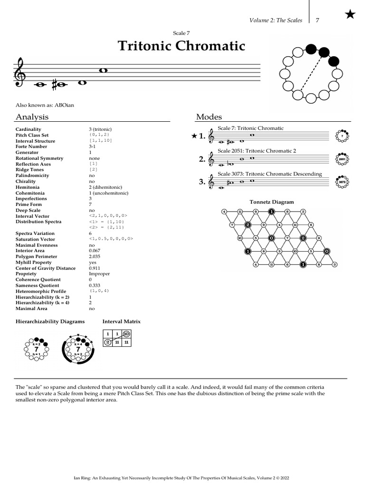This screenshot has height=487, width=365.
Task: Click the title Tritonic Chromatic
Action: tap(181, 46)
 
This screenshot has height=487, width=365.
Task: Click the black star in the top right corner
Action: tap(350, 15)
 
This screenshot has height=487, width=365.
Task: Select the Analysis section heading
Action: tap(32, 117)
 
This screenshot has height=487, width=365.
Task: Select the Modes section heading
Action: tap(209, 117)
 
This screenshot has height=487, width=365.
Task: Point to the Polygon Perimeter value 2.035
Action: tap(95, 256)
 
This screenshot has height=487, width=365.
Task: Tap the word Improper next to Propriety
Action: tap(98, 274)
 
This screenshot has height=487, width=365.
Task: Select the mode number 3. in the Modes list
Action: tap(202, 182)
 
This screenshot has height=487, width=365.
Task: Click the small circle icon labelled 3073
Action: tap(342, 182)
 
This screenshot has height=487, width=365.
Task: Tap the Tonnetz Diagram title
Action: tap(271, 202)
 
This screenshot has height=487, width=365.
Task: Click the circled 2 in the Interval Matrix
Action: tap(108, 342)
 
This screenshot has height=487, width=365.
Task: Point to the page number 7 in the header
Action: tap(317, 20)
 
